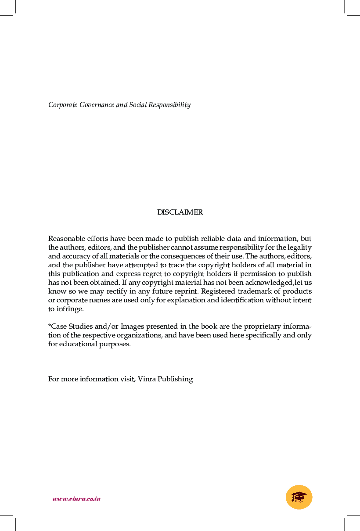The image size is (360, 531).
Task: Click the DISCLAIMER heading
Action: pyautogui.click(x=180, y=212)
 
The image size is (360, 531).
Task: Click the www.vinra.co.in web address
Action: pyautogui.click(x=76, y=499)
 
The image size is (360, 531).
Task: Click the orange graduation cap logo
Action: pyautogui.click(x=299, y=497)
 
